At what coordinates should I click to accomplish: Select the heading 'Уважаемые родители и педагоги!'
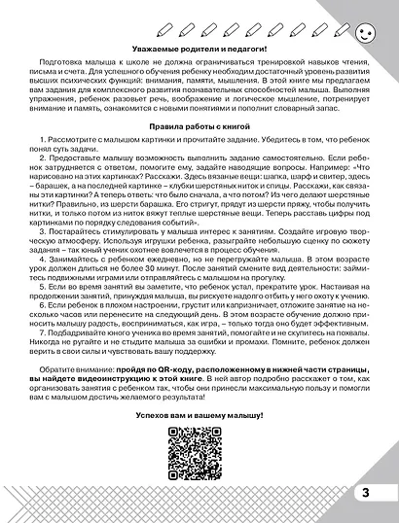(199, 49)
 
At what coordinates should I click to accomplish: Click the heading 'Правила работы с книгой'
(199, 126)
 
